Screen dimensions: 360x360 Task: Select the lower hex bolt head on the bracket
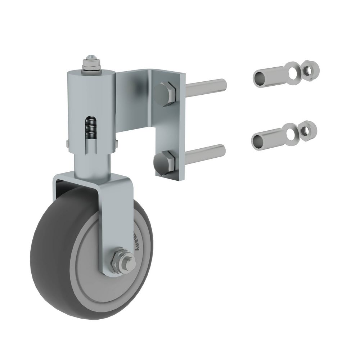coord(164,163)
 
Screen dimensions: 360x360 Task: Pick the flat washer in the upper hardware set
coord(291,71)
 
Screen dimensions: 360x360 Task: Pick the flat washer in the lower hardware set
coord(290,133)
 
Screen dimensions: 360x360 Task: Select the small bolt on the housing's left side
coord(68,144)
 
